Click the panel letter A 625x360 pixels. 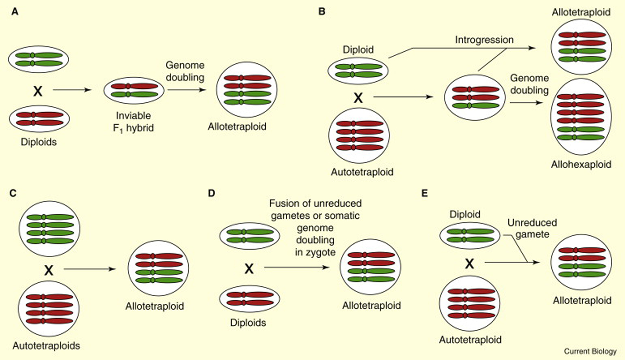coord(15,12)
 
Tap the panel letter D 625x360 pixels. coord(211,193)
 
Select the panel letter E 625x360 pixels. coord(425,193)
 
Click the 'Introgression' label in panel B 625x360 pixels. coord(484,40)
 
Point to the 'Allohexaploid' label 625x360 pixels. coord(581,164)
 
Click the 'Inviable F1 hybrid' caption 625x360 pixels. coord(133,121)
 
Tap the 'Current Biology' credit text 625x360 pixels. coord(590,351)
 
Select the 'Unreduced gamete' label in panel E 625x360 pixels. coord(532,228)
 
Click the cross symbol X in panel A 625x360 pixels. coord(38,91)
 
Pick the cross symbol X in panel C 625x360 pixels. coord(49,270)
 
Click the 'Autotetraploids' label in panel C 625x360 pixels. coord(46,346)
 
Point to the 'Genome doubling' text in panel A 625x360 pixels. coord(185,71)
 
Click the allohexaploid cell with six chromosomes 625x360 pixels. coord(581,117)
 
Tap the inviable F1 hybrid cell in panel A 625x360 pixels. coord(134,90)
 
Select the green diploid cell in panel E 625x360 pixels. coord(470,235)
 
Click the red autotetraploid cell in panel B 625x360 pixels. coord(359,135)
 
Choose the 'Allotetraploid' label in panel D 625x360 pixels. coord(371,305)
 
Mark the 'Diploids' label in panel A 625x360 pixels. coord(39,142)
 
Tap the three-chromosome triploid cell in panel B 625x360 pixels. coord(474,98)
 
